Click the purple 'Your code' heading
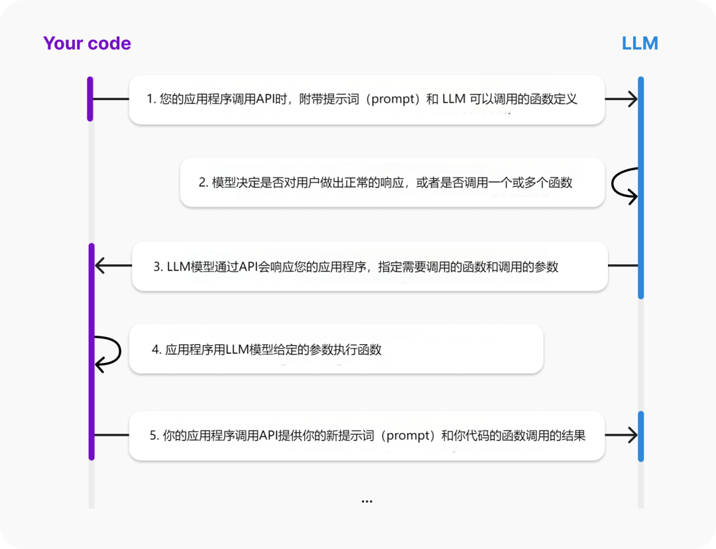(x=87, y=44)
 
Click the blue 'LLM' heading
(x=640, y=44)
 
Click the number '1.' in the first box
(x=151, y=99)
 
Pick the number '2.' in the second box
(x=204, y=183)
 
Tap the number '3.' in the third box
(x=158, y=267)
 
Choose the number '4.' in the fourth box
(x=156, y=350)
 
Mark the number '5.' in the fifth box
(x=154, y=435)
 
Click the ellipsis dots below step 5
(x=367, y=501)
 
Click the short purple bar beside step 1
(x=90, y=99)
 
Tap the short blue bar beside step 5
(x=640, y=436)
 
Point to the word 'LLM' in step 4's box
(x=237, y=350)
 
